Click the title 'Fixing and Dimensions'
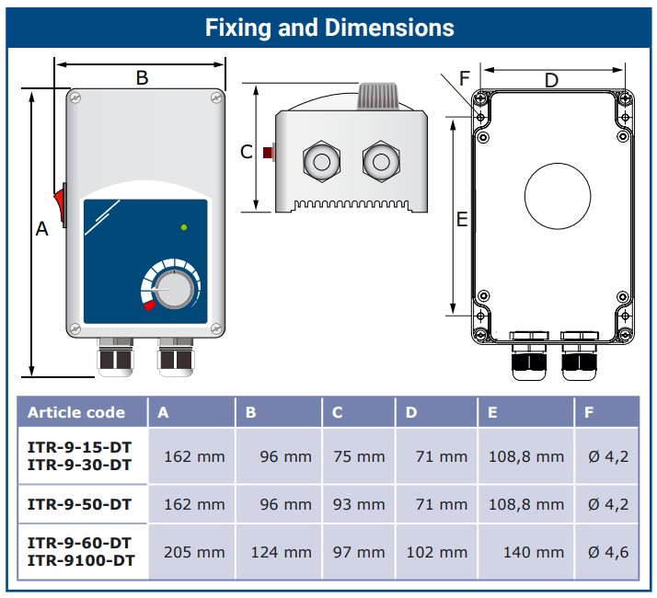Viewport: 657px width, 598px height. (x=328, y=27)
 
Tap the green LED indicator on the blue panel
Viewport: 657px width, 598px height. (x=184, y=226)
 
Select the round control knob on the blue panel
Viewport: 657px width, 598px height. (x=174, y=289)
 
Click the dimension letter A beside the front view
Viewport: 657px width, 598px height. (x=41, y=230)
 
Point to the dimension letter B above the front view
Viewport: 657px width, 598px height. (x=142, y=78)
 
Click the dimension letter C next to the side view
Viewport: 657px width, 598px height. (x=246, y=152)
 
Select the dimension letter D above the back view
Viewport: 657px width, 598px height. (x=550, y=80)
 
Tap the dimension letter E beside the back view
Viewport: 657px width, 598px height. (x=463, y=219)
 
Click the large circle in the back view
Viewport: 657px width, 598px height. (x=557, y=195)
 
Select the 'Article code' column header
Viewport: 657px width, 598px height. (x=75, y=412)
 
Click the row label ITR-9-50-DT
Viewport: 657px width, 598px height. (x=79, y=504)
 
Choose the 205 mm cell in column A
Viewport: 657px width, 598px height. (x=193, y=552)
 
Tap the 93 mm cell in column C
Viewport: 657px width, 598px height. (x=359, y=504)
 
